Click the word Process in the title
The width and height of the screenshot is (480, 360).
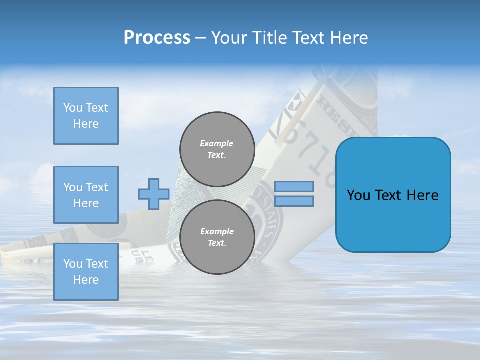pos(157,38)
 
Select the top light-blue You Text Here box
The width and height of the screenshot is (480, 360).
pos(86,116)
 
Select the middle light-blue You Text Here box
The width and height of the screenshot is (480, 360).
pos(86,195)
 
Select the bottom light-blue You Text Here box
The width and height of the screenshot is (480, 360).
pos(86,271)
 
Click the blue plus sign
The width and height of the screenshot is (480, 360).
pos(154,194)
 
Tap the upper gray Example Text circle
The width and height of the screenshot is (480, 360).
pos(217,149)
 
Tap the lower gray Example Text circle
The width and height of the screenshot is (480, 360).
pos(217,237)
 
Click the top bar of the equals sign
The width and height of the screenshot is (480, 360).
pos(294,186)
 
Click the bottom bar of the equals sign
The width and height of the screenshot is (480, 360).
pos(294,201)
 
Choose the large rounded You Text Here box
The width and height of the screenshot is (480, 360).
pos(393,194)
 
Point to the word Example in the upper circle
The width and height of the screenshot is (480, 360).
pos(217,143)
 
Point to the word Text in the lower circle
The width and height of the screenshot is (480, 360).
pos(217,243)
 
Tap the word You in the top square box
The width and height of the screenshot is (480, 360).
pos(73,108)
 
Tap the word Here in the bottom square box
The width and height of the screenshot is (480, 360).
pos(86,280)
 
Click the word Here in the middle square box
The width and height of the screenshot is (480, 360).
pos(86,203)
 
